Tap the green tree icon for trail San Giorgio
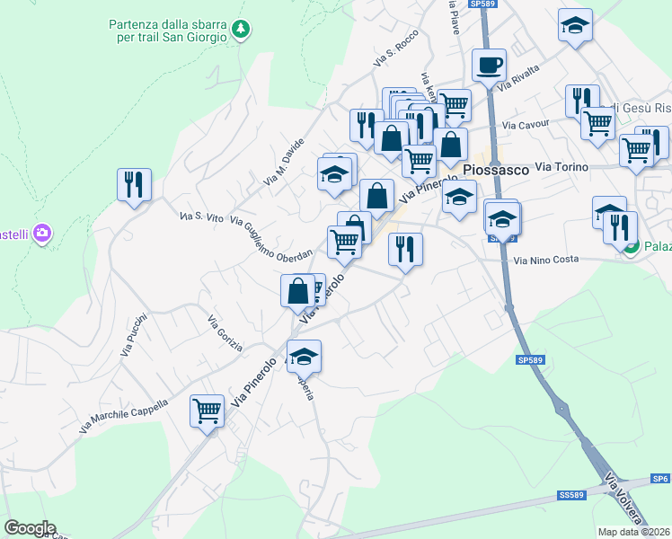pyautogui.click(x=240, y=30)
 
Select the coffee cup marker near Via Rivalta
pyautogui.click(x=489, y=66)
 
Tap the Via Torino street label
pyautogui.click(x=561, y=167)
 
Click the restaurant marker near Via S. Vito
pyautogui.click(x=134, y=185)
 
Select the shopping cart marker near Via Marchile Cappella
pyautogui.click(x=207, y=411)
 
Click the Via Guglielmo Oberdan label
pyautogui.click(x=271, y=238)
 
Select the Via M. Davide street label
pyautogui.click(x=285, y=162)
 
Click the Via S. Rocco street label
pyautogui.click(x=397, y=54)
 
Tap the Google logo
pyautogui.click(x=30, y=528)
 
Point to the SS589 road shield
pyautogui.click(x=571, y=495)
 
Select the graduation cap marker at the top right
pyautogui.click(x=575, y=25)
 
